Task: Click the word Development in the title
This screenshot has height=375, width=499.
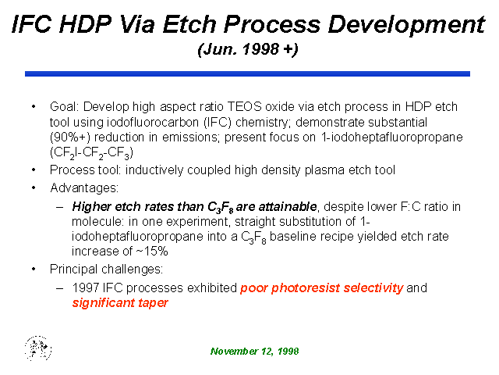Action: tap(406, 24)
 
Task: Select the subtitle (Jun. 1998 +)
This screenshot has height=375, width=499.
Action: tap(248, 49)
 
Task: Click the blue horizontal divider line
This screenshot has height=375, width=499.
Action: tap(248, 74)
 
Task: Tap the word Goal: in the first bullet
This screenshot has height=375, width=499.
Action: tap(64, 106)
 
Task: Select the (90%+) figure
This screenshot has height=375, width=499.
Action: tap(70, 137)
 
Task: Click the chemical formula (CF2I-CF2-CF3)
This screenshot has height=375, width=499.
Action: tap(91, 153)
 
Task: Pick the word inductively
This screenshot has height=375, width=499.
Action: tap(154, 170)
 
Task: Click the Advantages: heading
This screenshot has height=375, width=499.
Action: tap(84, 188)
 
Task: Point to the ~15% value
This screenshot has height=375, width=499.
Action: tap(152, 252)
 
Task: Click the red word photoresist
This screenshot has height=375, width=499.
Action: tap(306, 288)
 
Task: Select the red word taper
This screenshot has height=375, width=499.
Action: tap(153, 303)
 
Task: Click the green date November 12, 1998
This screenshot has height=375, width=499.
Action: tap(255, 352)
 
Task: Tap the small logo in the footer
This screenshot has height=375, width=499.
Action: tap(38, 348)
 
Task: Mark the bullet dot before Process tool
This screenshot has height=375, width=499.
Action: tap(34, 170)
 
